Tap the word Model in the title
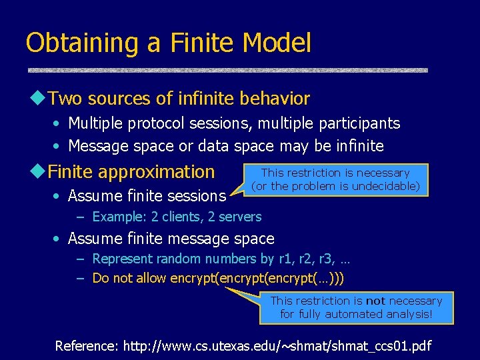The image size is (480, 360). [277, 43]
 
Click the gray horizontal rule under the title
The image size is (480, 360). [227, 70]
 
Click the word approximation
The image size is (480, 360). [156, 171]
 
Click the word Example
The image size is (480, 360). [115, 217]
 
